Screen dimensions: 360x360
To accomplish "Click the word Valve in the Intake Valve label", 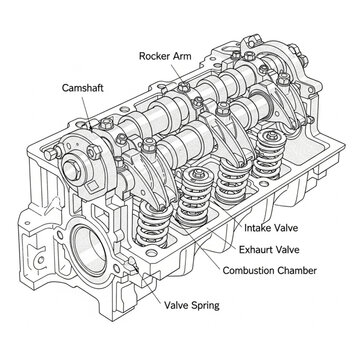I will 295,229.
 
